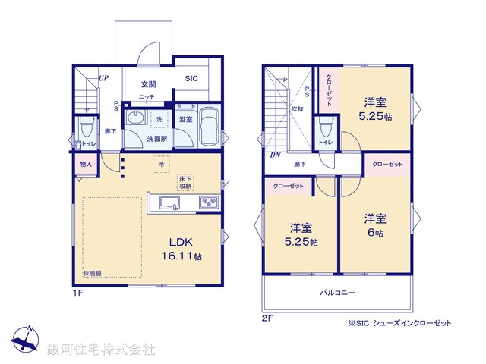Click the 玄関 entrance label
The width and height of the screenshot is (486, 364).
[x=148, y=84]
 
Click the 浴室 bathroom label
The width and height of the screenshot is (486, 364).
[x=185, y=119]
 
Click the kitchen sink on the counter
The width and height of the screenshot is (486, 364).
[x=168, y=202]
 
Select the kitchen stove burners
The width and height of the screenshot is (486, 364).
[x=208, y=202]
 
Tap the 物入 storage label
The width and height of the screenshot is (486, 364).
[x=85, y=164]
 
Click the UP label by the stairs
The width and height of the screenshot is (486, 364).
[x=102, y=78]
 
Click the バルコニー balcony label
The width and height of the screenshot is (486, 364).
[x=337, y=292]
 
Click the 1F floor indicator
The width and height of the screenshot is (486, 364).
[x=77, y=292]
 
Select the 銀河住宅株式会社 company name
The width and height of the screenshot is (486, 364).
[x=100, y=349]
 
